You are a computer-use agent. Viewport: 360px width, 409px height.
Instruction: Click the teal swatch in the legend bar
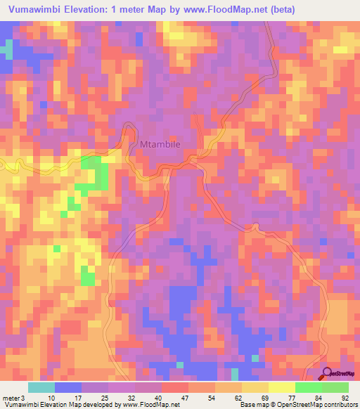(x=41, y=387)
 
